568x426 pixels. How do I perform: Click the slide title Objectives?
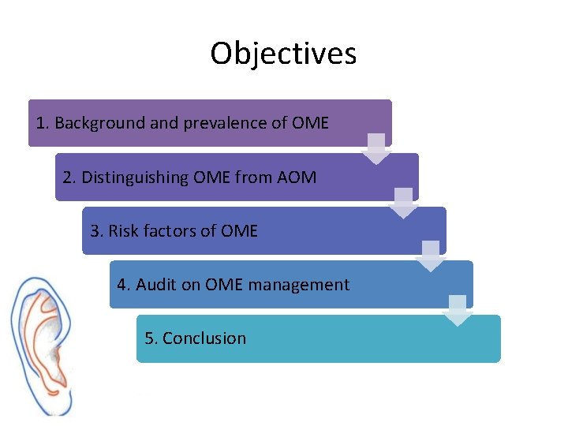pos(283,54)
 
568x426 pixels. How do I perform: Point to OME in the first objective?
pos(310,123)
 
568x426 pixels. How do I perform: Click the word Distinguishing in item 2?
pos(135,177)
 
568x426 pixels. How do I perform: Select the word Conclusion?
pos(204,338)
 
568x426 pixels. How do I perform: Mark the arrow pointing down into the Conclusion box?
pos(458,310)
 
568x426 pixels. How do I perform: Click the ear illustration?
pos(43,343)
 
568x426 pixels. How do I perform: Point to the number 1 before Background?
pos(41,123)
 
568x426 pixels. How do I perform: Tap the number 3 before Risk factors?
pos(95,231)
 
